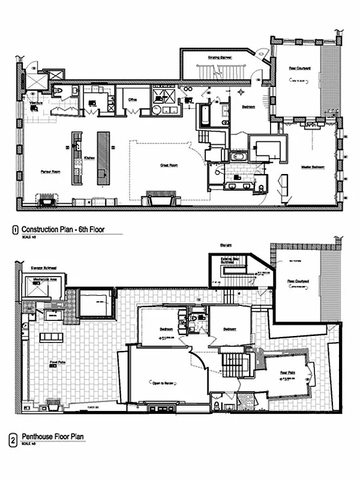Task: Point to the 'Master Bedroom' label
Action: pyautogui.click(x=313, y=167)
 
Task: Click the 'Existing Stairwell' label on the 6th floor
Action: pyautogui.click(x=220, y=58)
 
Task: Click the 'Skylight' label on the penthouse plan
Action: pyautogui.click(x=225, y=245)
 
